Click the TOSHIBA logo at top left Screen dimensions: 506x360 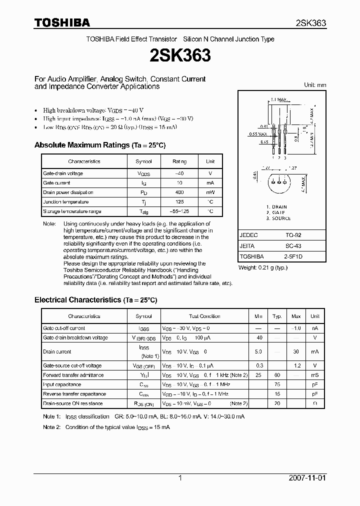pos(62,22)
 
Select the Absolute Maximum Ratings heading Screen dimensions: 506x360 pos(99,145)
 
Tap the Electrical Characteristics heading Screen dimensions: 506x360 pos(95,300)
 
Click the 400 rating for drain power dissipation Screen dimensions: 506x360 pos(179,192)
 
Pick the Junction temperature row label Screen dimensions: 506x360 pos(65,202)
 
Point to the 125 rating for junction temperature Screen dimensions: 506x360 pos(179,202)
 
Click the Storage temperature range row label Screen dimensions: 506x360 pos(72,211)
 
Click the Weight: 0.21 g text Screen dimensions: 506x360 pos(263,268)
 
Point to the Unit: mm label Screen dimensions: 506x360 pos(315,85)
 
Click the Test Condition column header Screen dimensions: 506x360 pos(204,316)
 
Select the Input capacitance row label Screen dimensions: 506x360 pos(62,384)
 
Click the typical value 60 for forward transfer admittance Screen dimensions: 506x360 pos(276,375)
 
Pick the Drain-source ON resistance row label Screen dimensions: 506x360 pos(73,403)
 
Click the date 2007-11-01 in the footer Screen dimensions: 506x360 pos(307,478)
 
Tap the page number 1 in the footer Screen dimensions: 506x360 pos(180,478)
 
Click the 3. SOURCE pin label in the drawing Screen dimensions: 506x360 pos(278,218)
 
